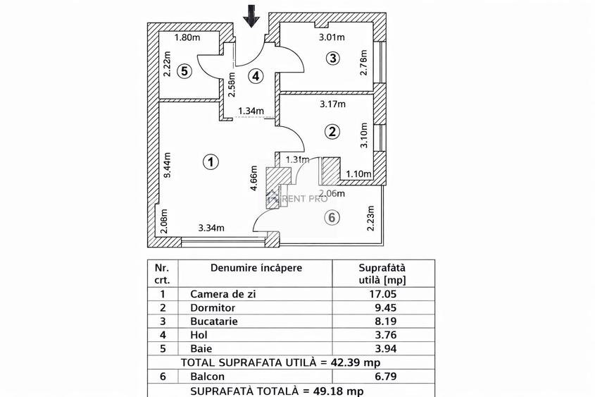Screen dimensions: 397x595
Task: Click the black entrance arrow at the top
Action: [251, 16]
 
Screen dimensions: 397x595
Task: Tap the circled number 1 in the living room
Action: [210, 162]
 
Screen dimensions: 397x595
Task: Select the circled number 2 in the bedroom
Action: [332, 131]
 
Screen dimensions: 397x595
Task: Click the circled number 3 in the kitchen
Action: [332, 58]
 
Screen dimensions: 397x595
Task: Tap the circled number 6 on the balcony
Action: [331, 218]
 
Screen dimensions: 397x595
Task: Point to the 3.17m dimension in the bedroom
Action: [332, 104]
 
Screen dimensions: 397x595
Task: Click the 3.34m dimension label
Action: [211, 227]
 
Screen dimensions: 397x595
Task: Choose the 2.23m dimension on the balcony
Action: [370, 218]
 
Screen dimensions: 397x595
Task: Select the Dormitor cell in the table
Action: [212, 308]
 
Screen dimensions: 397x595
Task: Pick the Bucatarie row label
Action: [214, 322]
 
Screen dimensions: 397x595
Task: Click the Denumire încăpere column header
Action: [256, 268]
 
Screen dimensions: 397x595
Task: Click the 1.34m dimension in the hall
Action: [251, 111]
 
